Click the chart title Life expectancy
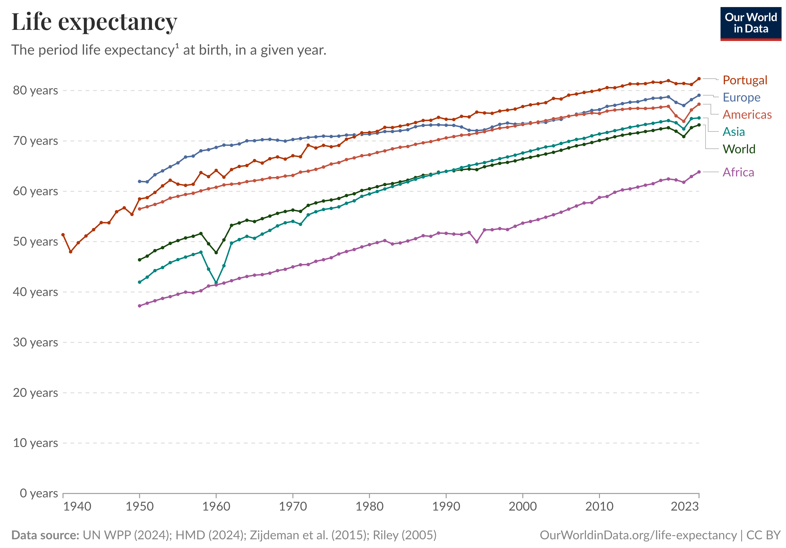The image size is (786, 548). coord(94,22)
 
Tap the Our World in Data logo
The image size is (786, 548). coord(750,23)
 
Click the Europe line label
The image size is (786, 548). coord(741,97)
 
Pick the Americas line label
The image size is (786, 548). coord(747,115)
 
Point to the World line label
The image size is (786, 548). coord(738,149)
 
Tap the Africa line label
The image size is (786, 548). coord(738,172)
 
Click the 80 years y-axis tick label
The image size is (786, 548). coord(35,90)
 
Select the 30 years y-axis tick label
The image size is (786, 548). coord(35,342)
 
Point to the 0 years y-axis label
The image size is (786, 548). coord(39,493)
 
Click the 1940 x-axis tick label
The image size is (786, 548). coord(77,507)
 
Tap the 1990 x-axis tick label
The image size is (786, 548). coord(446,507)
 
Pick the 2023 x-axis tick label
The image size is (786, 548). coord(684,507)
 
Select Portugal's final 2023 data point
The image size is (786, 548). coord(699,79)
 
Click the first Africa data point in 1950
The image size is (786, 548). coord(139,306)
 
